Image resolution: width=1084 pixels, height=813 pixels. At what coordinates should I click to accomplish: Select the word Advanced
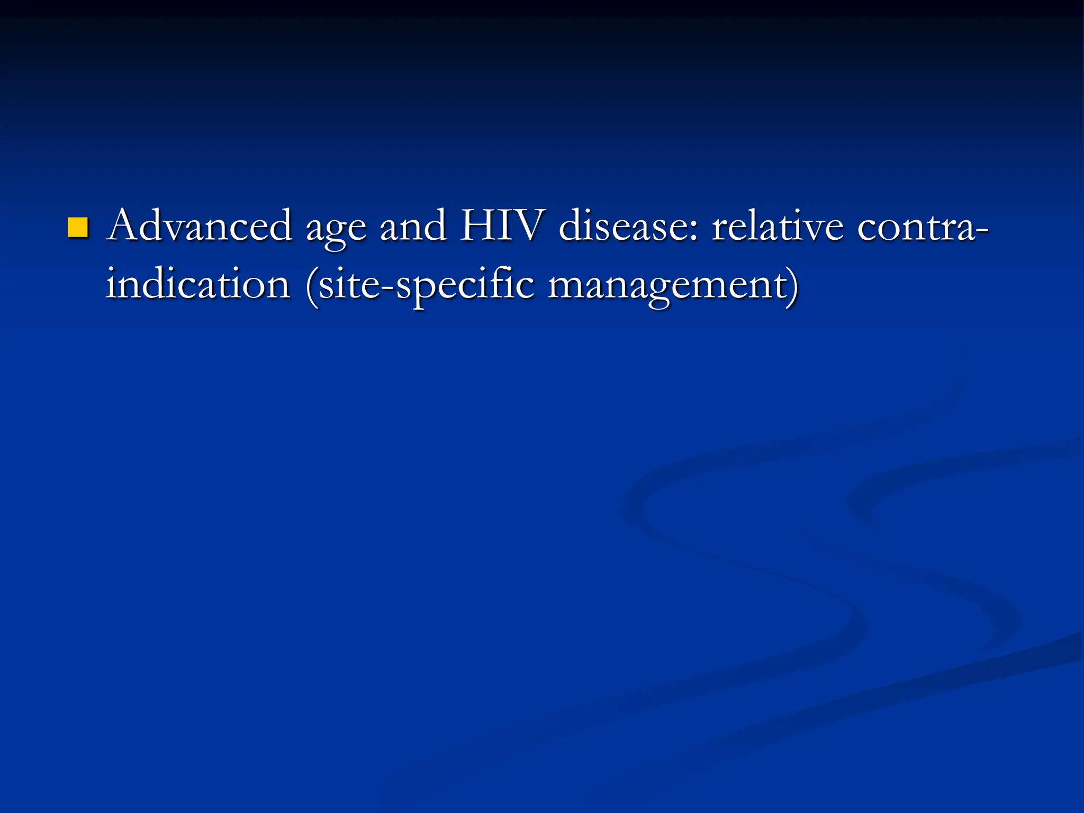point(199,226)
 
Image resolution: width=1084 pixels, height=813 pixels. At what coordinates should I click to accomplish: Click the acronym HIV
point(501,226)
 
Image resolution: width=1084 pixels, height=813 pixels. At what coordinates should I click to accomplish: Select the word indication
point(198,284)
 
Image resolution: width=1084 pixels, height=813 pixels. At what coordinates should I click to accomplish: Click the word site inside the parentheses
point(349,284)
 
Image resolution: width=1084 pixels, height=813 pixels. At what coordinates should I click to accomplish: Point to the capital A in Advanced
point(125,225)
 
